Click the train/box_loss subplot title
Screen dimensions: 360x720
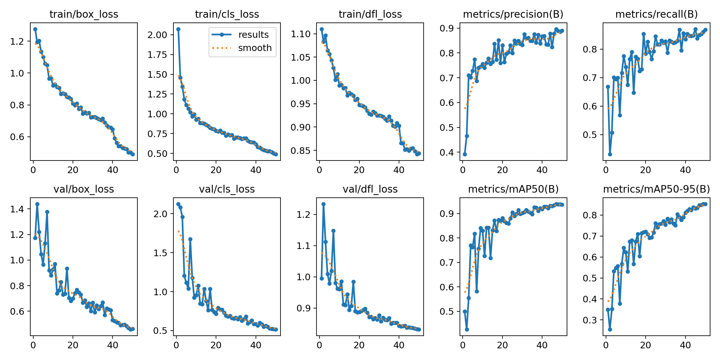[x=84, y=14]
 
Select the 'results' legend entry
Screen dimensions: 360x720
[x=253, y=35]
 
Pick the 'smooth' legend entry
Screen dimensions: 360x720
[x=254, y=48]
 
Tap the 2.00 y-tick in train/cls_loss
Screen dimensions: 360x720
[x=157, y=35]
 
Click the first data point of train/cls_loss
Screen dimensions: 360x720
[x=178, y=29]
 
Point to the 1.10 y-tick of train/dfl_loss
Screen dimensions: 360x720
[x=300, y=34]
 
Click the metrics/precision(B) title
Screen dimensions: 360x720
[x=513, y=14]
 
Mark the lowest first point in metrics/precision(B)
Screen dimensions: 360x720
[x=465, y=154]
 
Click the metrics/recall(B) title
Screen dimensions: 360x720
[x=656, y=14]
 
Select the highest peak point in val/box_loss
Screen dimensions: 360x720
[x=37, y=204]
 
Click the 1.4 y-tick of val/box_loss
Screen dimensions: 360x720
[x=17, y=209]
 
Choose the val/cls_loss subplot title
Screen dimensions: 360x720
[x=227, y=189]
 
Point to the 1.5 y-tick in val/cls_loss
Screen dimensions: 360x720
[x=160, y=253]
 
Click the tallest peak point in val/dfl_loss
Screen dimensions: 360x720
[x=323, y=204]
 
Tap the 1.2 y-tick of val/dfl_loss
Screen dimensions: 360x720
[x=303, y=214]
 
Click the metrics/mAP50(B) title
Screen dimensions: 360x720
[x=513, y=189]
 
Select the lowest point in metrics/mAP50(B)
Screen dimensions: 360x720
[x=467, y=329]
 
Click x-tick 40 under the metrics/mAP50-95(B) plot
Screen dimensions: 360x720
[x=685, y=345]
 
